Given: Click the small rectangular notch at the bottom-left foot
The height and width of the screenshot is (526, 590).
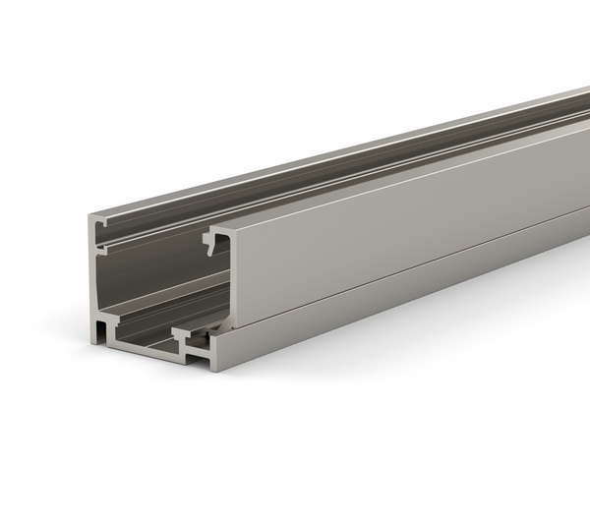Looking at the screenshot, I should [103, 323].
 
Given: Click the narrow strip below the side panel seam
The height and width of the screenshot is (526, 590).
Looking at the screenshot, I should [393, 295].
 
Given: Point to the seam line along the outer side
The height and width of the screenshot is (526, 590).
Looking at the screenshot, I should [393, 272].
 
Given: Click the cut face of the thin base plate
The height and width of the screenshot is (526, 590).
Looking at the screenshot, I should [147, 345].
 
